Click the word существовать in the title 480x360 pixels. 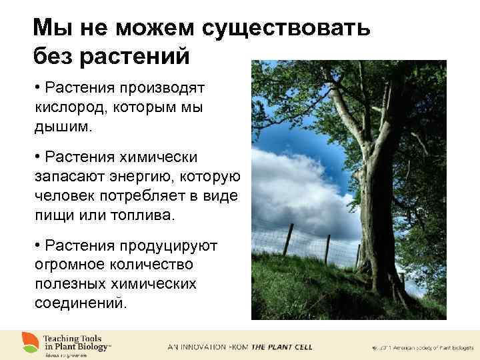(293, 28)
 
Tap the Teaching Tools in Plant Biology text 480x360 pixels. (77, 342)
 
